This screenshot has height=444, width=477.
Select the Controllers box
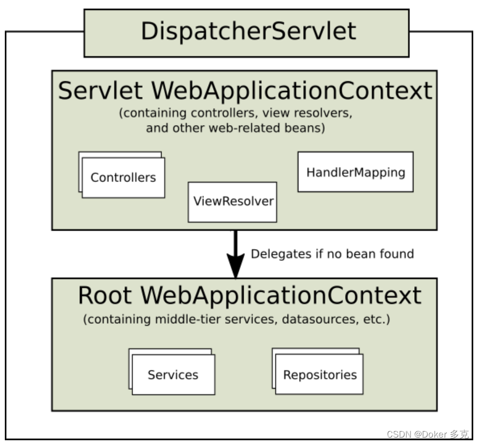click(123, 178)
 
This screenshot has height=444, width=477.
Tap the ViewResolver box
click(232, 202)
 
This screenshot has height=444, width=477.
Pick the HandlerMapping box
click(355, 172)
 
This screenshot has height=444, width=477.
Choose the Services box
click(173, 375)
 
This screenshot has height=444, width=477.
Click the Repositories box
click(320, 375)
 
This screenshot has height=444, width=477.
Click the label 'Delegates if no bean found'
click(332, 253)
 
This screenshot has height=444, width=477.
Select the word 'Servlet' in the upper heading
click(100, 91)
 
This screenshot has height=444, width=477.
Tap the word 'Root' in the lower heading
click(106, 296)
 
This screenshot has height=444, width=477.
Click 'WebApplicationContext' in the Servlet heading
click(291, 91)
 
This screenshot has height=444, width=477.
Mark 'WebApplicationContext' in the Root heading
click(281, 296)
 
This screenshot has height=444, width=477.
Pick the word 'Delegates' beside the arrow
click(277, 253)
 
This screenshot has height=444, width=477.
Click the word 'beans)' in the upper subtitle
click(308, 128)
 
